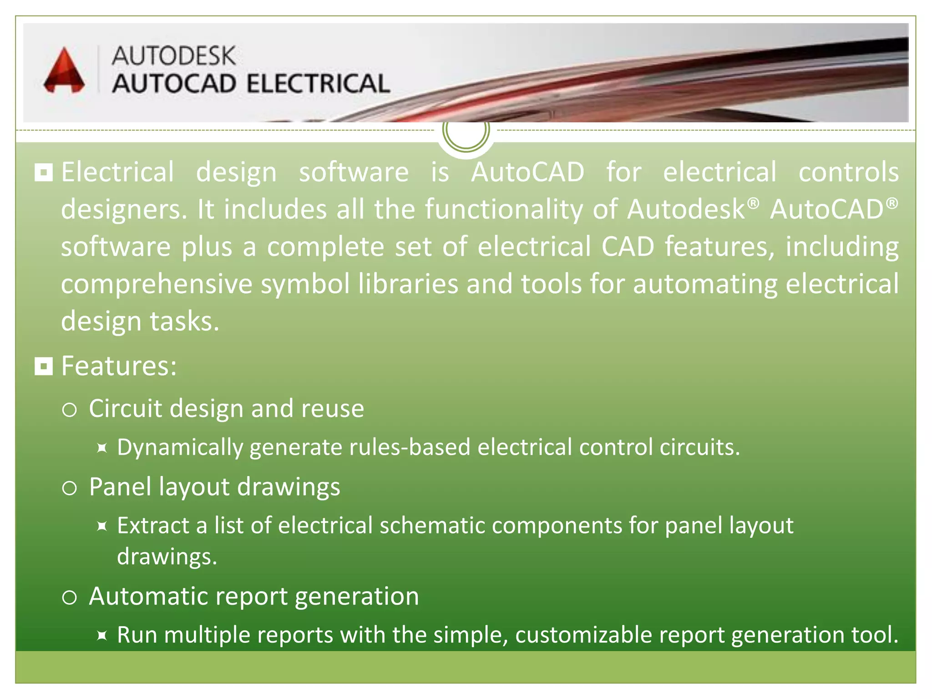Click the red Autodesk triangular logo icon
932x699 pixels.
pos(64,71)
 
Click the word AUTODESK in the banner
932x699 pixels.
pos(173,56)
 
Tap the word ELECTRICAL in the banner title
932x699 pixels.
pos(318,84)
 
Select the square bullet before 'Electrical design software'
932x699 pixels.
pos(44,172)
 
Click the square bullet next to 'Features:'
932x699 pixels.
pos(44,366)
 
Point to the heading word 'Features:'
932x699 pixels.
pos(119,365)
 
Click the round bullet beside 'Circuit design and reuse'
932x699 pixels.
pos(69,410)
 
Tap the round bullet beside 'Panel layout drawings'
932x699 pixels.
pos(69,488)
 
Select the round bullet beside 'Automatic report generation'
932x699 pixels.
pos(69,597)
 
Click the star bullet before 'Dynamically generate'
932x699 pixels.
pos(102,448)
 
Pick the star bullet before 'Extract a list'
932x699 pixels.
pos(102,527)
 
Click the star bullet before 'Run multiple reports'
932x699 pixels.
pos(102,635)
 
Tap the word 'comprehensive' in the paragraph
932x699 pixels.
pos(157,284)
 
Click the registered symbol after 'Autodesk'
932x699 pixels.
pos(754,203)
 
